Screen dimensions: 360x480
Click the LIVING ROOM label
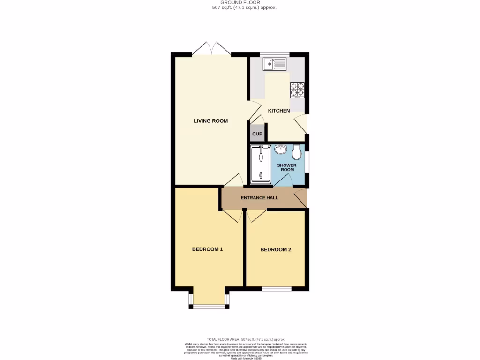(210, 121)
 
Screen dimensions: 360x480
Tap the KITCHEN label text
(278, 111)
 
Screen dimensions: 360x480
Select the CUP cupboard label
(257, 134)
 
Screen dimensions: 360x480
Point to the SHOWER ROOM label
(287, 167)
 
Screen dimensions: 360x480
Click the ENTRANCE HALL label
(259, 198)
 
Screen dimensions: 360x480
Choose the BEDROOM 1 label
(207, 249)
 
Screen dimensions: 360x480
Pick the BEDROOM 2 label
(276, 250)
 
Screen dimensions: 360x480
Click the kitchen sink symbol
(274, 64)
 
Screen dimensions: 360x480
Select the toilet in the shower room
(296, 152)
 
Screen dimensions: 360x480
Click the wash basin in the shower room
(281, 150)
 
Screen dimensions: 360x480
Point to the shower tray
(261, 164)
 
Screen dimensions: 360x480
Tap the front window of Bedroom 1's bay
(209, 307)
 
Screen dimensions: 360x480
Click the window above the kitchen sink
(275, 54)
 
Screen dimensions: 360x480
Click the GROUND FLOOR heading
(240, 2)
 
